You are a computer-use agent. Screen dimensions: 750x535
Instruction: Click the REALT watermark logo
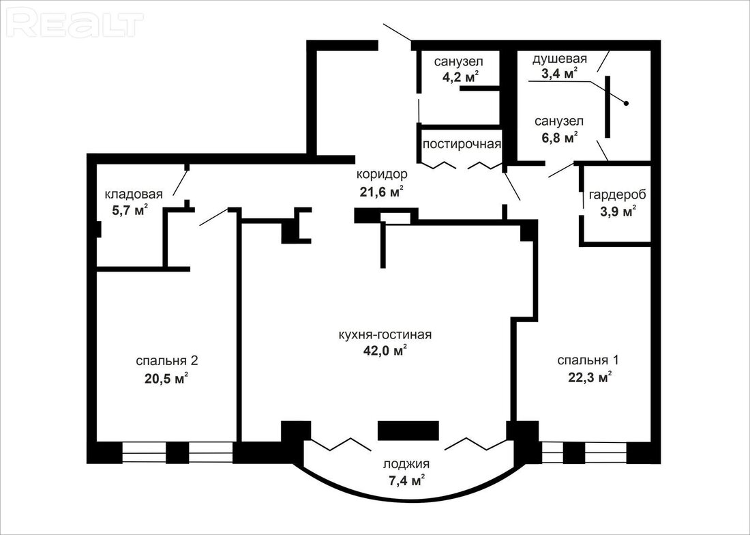click(76, 24)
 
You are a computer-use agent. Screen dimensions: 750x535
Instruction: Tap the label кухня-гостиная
click(385, 334)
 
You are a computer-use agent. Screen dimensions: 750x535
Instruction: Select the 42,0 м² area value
click(385, 351)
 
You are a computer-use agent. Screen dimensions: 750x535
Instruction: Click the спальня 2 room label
click(167, 361)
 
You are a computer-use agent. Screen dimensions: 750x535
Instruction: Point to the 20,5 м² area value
click(166, 379)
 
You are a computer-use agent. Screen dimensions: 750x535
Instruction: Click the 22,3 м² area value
click(590, 377)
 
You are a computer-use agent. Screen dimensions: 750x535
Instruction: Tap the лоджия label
click(406, 464)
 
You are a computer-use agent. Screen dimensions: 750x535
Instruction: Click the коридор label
click(382, 174)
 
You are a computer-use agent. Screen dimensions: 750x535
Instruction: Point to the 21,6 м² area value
click(382, 192)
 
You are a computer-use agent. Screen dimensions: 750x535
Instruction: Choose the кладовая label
click(134, 194)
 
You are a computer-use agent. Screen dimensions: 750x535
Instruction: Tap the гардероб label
click(617, 194)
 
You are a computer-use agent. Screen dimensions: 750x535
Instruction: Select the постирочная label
click(462, 144)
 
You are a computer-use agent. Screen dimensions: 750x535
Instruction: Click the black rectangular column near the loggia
click(408, 430)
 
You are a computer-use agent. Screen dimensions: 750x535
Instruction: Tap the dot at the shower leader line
click(625, 103)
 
